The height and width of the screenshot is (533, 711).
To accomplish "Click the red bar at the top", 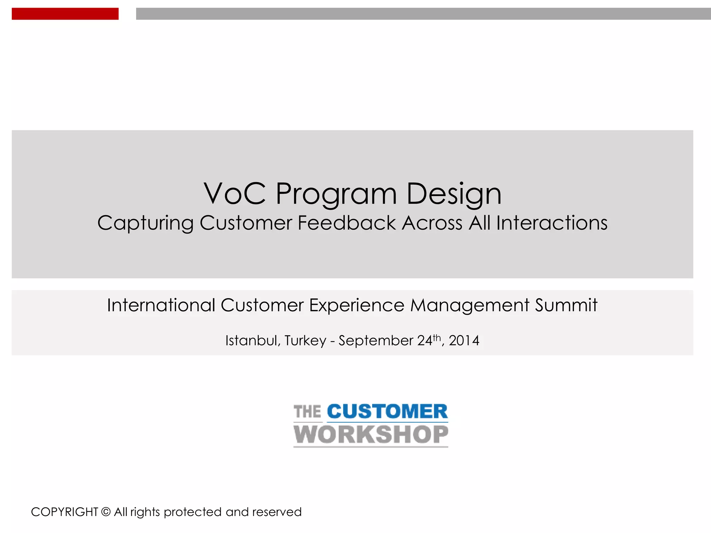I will (x=65, y=14).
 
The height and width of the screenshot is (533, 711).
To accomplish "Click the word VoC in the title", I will (x=235, y=193).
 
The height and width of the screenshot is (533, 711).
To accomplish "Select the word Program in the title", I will (x=336, y=194).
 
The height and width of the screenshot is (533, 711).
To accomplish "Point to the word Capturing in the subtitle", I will (x=145, y=223).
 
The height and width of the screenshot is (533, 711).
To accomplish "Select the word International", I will (x=161, y=305).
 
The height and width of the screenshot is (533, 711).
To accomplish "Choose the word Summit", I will (x=566, y=305).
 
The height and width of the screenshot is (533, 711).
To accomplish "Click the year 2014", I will (x=464, y=341).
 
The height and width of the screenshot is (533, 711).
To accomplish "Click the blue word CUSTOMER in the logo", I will (x=387, y=412).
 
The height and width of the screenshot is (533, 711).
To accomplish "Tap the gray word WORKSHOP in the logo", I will (x=371, y=434).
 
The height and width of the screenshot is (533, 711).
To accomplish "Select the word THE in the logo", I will (x=307, y=412).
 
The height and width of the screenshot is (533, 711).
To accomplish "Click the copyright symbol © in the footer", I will (x=106, y=512).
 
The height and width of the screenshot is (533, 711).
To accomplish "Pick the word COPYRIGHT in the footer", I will (x=65, y=512).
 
